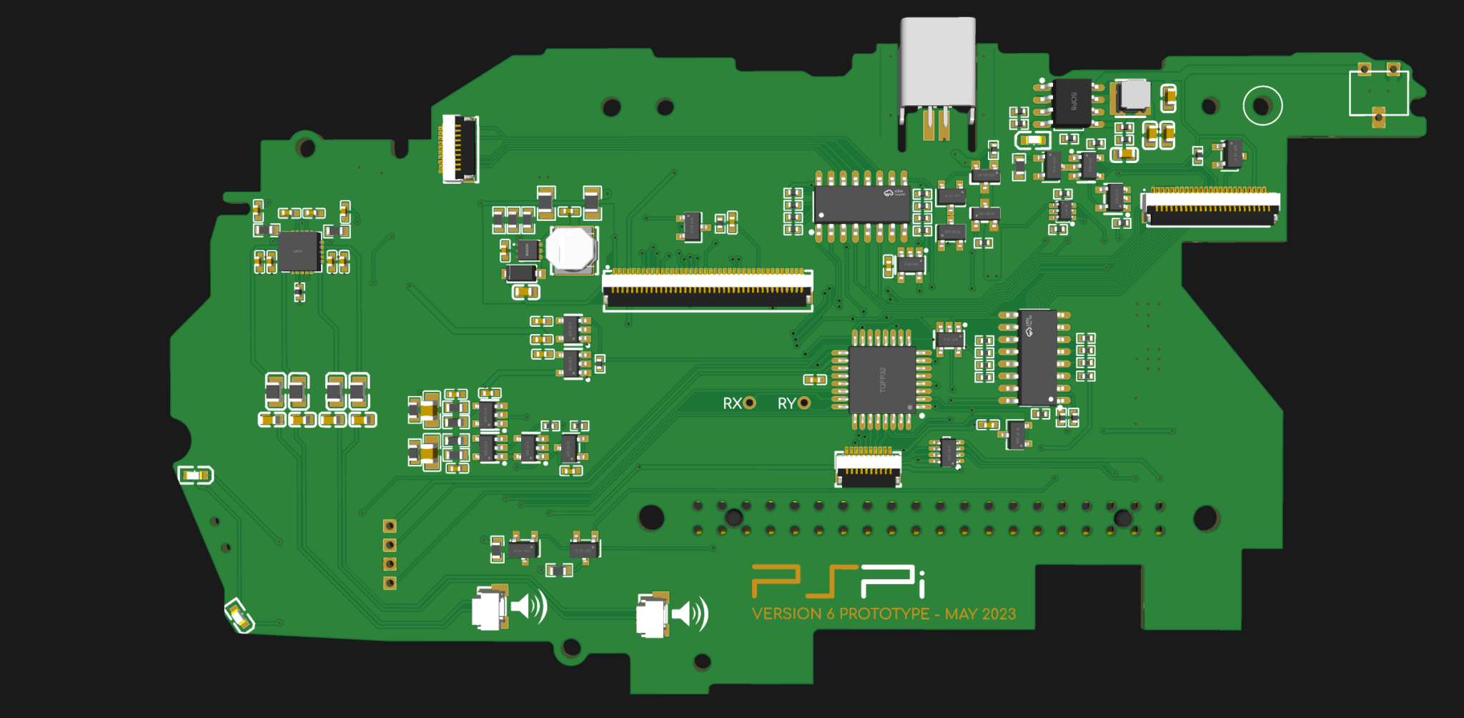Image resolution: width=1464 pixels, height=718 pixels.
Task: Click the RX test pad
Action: (749, 403)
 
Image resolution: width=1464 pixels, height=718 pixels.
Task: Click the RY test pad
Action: (804, 403)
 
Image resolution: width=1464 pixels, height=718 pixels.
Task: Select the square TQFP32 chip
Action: (881, 380)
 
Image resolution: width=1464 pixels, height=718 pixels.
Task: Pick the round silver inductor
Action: (571, 250)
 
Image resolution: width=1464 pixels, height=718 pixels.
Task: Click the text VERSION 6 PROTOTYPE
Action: (841, 614)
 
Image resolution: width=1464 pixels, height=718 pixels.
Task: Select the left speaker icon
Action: (529, 606)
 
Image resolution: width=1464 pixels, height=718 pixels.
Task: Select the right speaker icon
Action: (691, 614)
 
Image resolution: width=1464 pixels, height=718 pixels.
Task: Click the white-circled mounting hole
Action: (1262, 106)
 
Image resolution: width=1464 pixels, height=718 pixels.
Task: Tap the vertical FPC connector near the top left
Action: (460, 149)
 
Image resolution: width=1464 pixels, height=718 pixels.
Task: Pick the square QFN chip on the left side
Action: (299, 251)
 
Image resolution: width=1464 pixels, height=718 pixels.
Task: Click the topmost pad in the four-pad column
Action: (390, 526)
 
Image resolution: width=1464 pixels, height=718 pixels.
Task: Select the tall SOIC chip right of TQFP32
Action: (1037, 357)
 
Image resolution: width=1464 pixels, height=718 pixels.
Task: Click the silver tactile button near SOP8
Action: (1134, 95)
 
